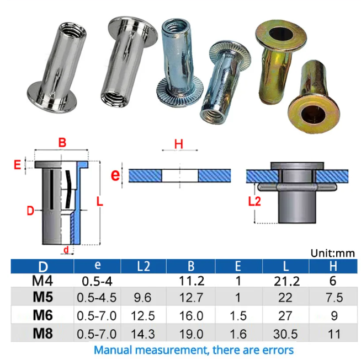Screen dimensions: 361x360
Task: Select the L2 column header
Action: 144,266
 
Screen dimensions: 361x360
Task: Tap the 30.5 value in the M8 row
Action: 285,334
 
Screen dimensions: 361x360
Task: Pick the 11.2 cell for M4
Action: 192,281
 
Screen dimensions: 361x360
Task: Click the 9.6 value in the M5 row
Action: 142,298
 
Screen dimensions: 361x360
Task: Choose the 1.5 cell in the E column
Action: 238,316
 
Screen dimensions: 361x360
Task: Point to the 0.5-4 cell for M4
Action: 97,281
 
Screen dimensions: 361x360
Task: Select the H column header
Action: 333,266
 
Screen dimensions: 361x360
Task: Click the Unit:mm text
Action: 332,253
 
